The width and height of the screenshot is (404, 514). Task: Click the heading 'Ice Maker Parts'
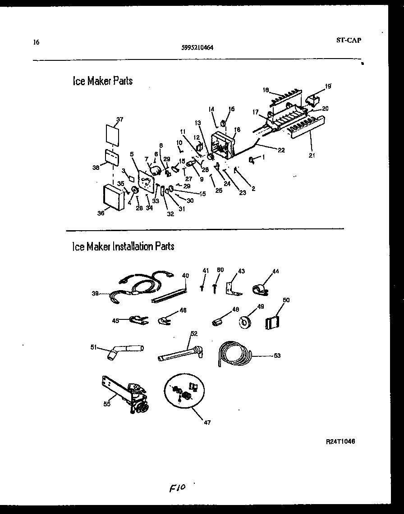point(102,81)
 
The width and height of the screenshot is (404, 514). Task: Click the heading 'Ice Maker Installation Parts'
point(123,246)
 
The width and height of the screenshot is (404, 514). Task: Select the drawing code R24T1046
point(340,441)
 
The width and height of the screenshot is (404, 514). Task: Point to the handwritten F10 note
point(178,488)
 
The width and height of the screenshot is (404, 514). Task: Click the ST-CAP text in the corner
point(349,40)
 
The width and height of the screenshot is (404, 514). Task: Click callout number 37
point(119,119)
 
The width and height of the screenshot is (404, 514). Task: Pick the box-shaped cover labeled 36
point(113,197)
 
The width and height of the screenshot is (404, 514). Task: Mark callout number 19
point(328,86)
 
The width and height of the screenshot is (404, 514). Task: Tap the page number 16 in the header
point(36,42)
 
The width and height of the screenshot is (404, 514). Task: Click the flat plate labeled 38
point(111,157)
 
